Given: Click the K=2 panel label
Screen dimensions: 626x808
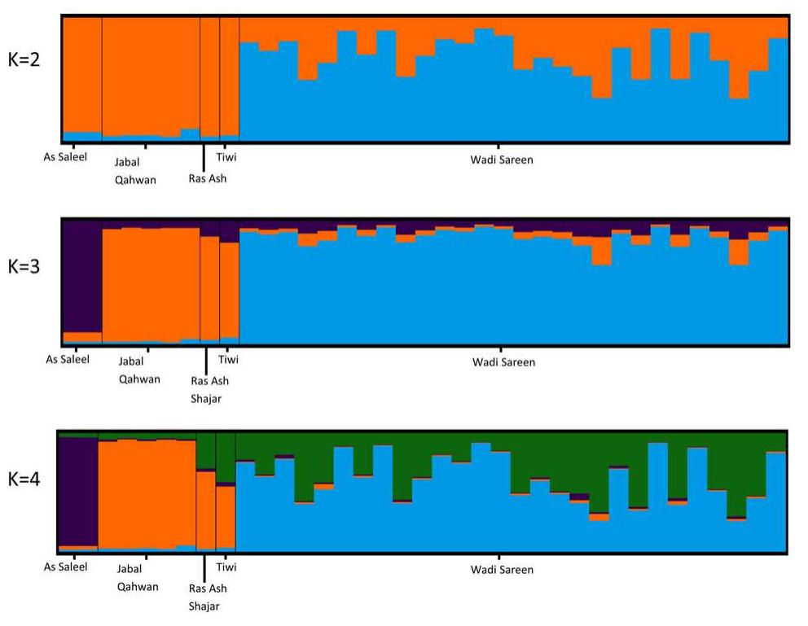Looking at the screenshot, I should [x=24, y=62].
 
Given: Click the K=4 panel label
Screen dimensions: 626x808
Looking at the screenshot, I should [x=24, y=478].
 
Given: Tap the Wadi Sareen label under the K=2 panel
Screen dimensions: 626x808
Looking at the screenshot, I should [x=502, y=160].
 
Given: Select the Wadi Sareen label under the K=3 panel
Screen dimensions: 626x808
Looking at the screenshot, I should [x=504, y=361].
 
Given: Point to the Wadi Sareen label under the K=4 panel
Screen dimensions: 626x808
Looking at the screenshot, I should [x=502, y=570].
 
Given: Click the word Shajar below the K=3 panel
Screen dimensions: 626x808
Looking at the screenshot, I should [x=205, y=399].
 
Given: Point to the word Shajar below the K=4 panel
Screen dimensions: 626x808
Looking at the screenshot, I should [x=204, y=606].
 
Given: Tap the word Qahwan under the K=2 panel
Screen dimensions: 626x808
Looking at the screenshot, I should [x=137, y=181].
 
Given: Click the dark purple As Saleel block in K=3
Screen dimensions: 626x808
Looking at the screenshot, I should [x=82, y=277].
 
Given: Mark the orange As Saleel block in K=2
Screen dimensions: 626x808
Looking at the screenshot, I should [x=82, y=73].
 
